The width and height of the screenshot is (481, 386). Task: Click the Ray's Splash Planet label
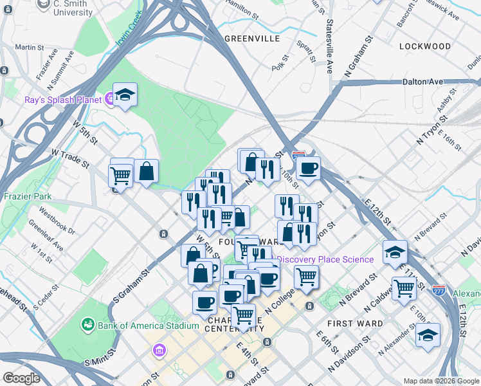(63, 100)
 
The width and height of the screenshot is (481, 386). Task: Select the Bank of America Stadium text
(148, 326)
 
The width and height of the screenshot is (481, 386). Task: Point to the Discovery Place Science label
(325, 259)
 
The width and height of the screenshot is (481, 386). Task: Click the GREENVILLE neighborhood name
(252, 39)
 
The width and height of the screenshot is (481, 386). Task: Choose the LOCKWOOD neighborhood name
(425, 46)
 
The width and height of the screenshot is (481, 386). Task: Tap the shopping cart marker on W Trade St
(120, 174)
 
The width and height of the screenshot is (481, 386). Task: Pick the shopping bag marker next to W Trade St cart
(147, 171)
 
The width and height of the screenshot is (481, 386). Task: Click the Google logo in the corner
(22, 378)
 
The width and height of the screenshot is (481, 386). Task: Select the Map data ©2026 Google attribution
(441, 381)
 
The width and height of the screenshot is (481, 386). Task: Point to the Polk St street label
(278, 66)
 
